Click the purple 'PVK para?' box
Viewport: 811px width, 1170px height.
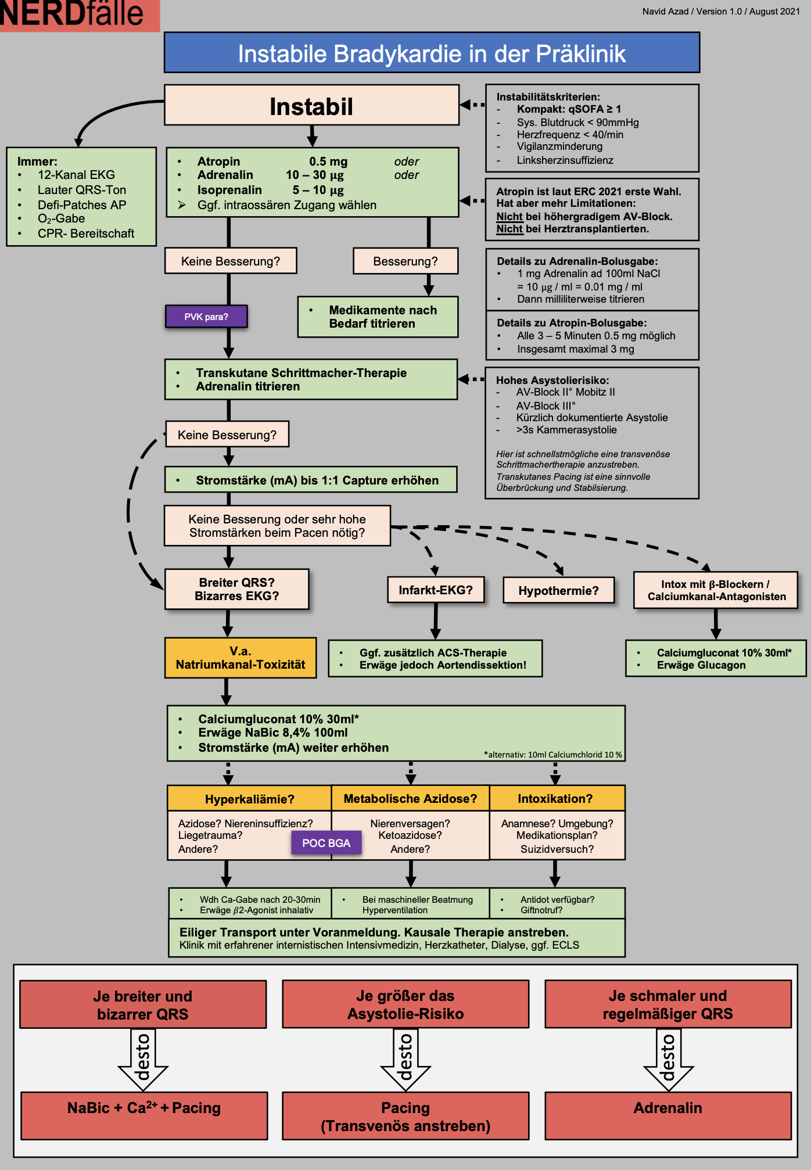(206, 317)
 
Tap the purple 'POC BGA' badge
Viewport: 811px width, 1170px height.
(326, 843)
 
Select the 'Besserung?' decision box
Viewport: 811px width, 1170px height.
(405, 261)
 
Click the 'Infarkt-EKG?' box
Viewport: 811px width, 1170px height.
(436, 590)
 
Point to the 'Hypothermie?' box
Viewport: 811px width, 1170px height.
(558, 591)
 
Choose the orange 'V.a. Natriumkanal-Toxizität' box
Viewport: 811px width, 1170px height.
(241, 658)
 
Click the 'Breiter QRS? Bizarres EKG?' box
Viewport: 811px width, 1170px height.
(237, 589)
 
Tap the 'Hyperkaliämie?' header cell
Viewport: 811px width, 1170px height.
(249, 799)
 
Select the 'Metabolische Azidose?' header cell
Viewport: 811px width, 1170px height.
(410, 799)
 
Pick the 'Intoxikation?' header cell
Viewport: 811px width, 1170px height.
(555, 799)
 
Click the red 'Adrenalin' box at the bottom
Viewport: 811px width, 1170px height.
(668, 1108)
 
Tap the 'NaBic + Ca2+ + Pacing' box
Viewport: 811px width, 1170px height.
(144, 1108)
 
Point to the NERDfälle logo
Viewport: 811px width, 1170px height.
(73, 14)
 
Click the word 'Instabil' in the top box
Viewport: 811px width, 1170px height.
(311, 107)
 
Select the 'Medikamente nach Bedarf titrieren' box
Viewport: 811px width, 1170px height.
(378, 317)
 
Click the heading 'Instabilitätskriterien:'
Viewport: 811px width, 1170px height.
(548, 97)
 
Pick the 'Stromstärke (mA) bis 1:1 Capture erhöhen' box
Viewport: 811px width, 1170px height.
(311, 480)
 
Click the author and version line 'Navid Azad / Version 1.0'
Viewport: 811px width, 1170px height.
(721, 12)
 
